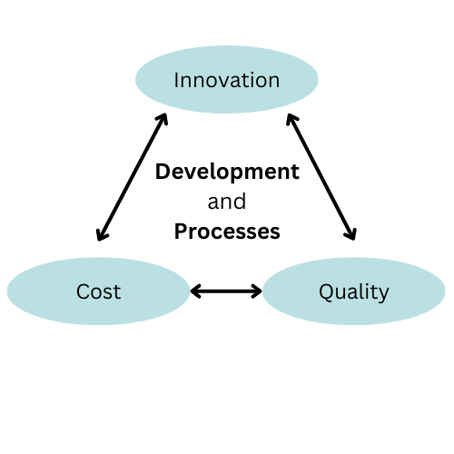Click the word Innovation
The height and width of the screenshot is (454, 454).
pos(227,80)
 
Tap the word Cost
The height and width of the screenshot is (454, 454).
pos(99,291)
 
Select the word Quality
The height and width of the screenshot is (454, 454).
pos(354,292)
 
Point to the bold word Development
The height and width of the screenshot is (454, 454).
pos(227,173)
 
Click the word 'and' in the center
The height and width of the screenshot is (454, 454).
pos(227,202)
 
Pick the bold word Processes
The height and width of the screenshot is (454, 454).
pos(227,232)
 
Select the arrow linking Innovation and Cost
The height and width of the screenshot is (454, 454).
pos(132,177)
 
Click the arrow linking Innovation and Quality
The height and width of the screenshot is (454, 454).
pos(321,177)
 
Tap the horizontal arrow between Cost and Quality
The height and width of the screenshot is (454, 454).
pos(226,291)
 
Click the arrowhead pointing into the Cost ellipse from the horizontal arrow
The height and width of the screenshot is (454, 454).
pos(194,291)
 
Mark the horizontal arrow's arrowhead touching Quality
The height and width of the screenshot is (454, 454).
pos(258,291)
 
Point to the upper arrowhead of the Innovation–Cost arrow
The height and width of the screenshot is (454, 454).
pos(163,118)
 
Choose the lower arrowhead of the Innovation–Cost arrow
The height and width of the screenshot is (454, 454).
pos(101,236)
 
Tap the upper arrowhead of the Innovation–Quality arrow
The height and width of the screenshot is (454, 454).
pos(291,118)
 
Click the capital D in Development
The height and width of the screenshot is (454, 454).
pos(163,172)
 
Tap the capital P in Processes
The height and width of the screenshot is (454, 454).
pos(181,232)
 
